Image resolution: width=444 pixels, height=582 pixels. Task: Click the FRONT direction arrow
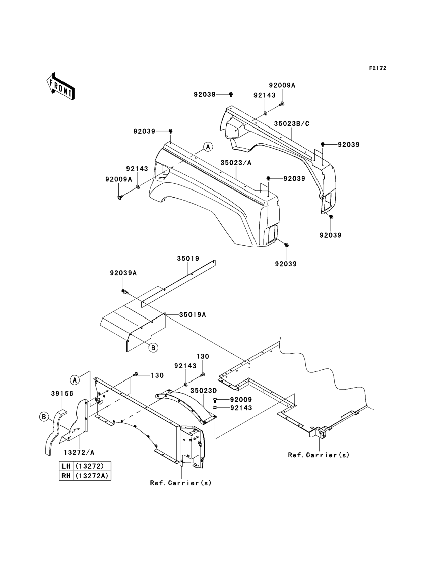[x=61, y=86]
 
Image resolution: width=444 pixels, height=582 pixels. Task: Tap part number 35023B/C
[x=291, y=123]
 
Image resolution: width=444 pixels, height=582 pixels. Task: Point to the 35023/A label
[x=236, y=163]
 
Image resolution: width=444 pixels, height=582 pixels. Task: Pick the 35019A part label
[x=192, y=315]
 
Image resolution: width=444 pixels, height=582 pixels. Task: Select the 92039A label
[x=123, y=273]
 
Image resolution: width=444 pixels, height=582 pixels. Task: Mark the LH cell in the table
[x=66, y=466]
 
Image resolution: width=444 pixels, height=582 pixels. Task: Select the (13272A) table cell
[x=92, y=476]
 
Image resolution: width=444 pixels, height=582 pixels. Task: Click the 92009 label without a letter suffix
[x=241, y=399]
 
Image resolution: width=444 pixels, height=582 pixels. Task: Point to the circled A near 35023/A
[x=208, y=147]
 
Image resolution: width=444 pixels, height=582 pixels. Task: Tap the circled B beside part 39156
[x=44, y=417]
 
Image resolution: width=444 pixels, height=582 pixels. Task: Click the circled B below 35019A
[x=153, y=348]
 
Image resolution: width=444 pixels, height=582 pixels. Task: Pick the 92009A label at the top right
[x=282, y=85]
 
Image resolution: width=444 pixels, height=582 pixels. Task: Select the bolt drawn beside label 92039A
[x=125, y=292]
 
